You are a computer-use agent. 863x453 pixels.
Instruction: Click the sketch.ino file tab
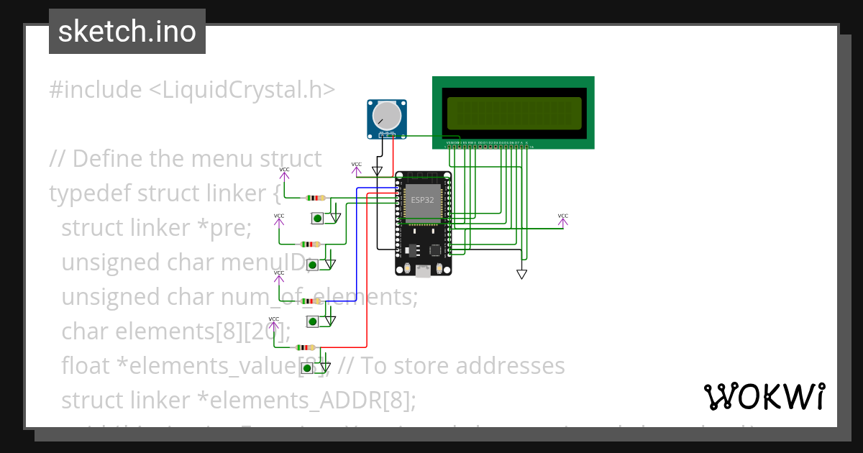pyautogui.click(x=127, y=32)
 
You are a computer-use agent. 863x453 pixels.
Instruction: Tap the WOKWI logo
pyautogui.click(x=764, y=396)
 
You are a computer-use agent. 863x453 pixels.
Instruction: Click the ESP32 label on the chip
pyautogui.click(x=422, y=199)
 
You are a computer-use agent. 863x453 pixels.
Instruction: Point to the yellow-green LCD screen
pyautogui.click(x=514, y=113)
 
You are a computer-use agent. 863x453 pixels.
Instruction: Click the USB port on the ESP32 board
pyautogui.click(x=424, y=270)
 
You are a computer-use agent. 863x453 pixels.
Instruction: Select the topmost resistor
pyautogui.click(x=315, y=198)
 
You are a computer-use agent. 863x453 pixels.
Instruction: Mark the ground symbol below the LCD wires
pyautogui.click(x=522, y=274)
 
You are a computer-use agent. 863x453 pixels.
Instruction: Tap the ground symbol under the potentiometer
pyautogui.click(x=378, y=171)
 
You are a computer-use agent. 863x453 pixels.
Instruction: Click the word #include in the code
pyautogui.click(x=96, y=90)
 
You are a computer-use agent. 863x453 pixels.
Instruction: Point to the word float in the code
pyautogui.click(x=85, y=366)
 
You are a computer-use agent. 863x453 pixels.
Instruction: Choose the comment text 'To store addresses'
pyautogui.click(x=463, y=366)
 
